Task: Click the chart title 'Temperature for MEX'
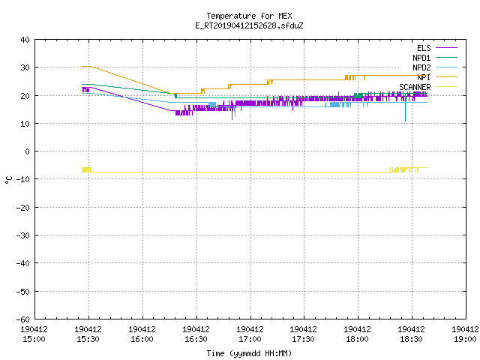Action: click(249, 16)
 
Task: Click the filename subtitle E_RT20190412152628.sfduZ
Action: click(249, 25)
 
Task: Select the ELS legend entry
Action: click(436, 48)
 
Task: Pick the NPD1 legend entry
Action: click(435, 58)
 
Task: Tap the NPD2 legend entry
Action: click(435, 67)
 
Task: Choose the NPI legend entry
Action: click(436, 77)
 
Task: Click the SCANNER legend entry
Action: click(428, 87)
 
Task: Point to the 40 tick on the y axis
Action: click(25, 40)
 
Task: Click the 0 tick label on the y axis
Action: click(27, 151)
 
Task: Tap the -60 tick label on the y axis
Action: click(23, 319)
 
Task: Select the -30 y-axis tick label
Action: click(23, 235)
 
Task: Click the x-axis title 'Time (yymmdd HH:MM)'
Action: click(249, 353)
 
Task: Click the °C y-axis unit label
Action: click(9, 180)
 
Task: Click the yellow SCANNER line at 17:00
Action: click(250, 172)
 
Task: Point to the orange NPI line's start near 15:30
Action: click(82, 67)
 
